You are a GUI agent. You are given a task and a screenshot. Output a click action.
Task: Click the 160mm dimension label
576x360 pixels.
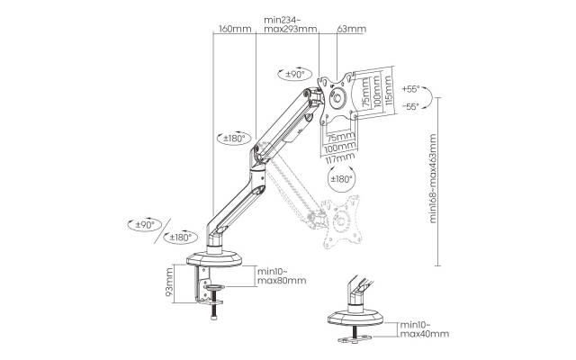(235, 29)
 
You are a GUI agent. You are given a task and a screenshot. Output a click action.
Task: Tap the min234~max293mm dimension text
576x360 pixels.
(290, 24)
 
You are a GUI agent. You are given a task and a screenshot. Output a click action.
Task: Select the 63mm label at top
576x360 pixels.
(352, 29)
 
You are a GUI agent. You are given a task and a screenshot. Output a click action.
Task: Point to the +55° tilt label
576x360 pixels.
(410, 89)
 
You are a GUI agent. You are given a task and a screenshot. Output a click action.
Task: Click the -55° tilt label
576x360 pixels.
(410, 106)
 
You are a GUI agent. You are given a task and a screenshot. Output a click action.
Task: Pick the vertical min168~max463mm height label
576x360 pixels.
(433, 178)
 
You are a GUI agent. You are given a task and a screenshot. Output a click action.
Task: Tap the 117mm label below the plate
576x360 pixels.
(340, 158)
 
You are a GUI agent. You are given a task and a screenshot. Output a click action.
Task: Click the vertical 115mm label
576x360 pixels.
(388, 91)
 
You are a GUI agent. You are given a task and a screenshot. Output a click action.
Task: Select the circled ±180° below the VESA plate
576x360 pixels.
(342, 179)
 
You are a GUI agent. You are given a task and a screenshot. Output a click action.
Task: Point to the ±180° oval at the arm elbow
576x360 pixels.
(234, 139)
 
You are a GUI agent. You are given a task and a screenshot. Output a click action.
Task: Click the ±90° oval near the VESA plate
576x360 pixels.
(295, 74)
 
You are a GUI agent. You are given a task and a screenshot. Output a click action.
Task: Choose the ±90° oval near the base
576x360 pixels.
(145, 224)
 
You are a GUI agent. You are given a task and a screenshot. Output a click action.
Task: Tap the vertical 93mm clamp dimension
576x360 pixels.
(168, 283)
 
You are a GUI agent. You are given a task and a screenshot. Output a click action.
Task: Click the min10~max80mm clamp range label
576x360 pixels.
(282, 276)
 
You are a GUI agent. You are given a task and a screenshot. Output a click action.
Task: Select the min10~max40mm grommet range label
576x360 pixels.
(424, 329)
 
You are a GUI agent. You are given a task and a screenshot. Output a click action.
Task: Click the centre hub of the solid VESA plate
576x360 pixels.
(337, 98)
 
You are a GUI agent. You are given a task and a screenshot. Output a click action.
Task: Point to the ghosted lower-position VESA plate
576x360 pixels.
(341, 221)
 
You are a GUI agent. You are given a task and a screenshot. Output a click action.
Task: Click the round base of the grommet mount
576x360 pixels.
(355, 319)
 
